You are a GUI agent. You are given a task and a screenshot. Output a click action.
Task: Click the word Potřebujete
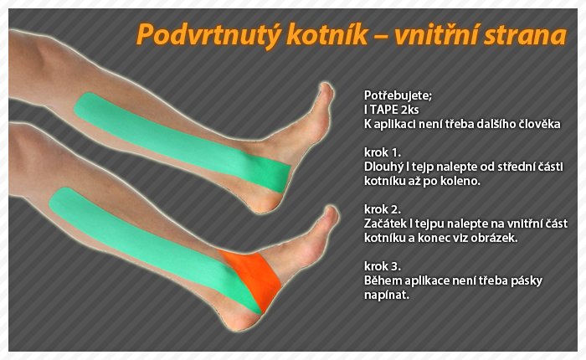coord(398,96)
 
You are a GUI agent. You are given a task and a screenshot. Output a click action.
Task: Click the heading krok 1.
coord(383,152)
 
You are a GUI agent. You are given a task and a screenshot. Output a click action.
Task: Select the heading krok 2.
coord(383,209)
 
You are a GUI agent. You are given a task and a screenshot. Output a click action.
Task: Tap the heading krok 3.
coord(383,266)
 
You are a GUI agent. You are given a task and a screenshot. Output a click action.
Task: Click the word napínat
coord(387,295)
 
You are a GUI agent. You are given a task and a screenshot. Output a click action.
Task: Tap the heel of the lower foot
coord(235,321)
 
